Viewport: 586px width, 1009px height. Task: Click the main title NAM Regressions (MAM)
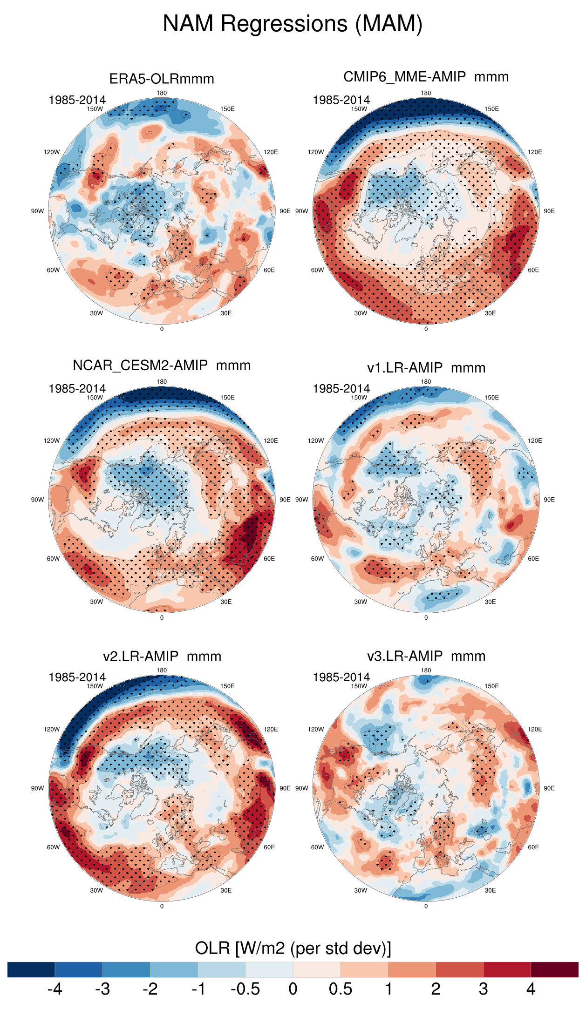(293, 24)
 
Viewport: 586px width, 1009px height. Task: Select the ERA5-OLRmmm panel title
(162, 79)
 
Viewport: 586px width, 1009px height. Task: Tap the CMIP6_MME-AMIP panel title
(426, 77)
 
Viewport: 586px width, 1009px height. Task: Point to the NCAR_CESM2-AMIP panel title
(162, 366)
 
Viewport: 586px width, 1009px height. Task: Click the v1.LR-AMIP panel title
(426, 368)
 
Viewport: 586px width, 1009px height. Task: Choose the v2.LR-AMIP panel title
(162, 657)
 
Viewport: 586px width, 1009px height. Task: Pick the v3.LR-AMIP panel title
(426, 656)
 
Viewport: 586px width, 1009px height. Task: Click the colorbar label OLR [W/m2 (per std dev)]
(293, 948)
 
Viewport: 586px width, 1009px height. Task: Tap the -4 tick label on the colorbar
(55, 989)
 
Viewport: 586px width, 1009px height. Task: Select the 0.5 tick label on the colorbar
(341, 989)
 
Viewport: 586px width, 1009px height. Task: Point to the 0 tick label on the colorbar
(293, 989)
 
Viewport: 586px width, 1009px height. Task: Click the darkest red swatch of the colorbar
(554, 969)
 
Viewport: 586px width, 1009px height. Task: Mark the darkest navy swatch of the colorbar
(31, 969)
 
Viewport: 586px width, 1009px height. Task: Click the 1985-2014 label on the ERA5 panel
(77, 100)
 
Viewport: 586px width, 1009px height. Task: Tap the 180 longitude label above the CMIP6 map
(426, 93)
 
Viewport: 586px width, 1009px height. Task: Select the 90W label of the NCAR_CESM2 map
(38, 500)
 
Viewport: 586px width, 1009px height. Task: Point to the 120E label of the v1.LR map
(535, 440)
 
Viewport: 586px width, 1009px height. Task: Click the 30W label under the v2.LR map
(96, 890)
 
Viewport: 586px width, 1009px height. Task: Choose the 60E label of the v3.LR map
(533, 847)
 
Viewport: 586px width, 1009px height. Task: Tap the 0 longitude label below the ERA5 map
(162, 329)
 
